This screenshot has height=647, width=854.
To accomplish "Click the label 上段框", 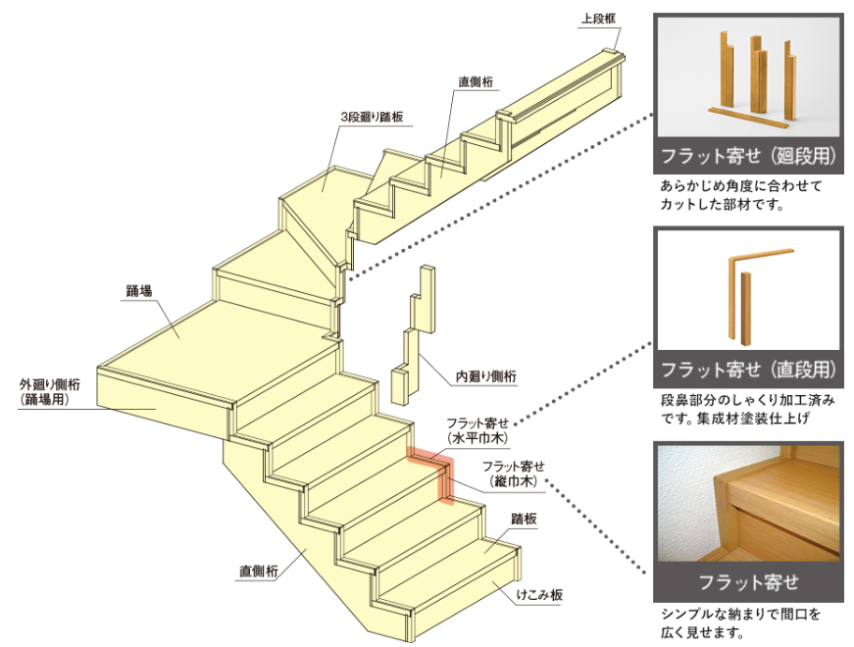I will click(597, 19).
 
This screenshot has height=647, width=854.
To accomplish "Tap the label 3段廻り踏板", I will click(372, 117).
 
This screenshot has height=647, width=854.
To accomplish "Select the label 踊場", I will click(139, 290).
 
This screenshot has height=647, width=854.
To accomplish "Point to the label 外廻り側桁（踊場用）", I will click(50, 391).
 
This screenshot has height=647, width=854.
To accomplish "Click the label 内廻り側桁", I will click(486, 375).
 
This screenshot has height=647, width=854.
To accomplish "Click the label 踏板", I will click(524, 519).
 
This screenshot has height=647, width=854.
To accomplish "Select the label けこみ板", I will click(542, 594).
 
